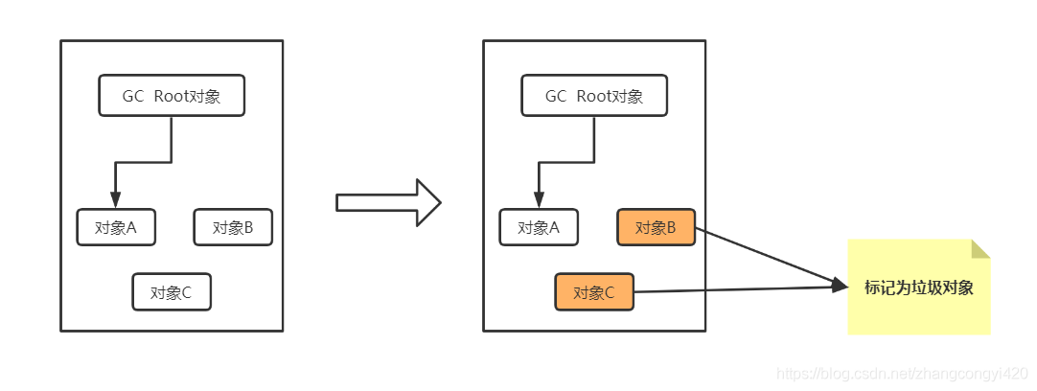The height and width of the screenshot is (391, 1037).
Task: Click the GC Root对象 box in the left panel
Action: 172,96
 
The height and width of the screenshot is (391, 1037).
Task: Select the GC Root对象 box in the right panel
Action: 594,96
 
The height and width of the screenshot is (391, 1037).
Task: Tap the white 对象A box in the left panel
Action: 116,227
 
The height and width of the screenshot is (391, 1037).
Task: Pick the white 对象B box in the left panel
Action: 233,227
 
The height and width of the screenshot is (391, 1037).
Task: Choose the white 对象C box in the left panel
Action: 172,292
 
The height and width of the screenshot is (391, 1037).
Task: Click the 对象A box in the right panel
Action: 539,227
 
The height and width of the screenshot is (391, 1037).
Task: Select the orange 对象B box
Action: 657,227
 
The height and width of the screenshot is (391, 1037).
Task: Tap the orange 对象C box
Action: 594,292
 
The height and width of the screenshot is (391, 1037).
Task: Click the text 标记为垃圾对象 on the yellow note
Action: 918,287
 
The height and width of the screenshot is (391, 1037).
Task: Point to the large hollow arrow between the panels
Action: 388,202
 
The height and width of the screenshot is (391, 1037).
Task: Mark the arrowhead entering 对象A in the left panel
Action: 115,200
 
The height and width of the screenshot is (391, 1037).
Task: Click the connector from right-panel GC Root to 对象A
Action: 565,163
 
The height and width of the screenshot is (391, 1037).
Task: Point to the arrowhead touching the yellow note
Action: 841,285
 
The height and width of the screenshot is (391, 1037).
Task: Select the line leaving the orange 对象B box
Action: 767,256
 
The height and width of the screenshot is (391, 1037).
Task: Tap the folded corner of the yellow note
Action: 979,249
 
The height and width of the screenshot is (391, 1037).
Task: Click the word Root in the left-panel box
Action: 173,96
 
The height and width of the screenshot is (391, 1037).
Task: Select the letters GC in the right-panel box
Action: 556,96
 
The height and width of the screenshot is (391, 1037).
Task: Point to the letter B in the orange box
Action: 671,227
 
